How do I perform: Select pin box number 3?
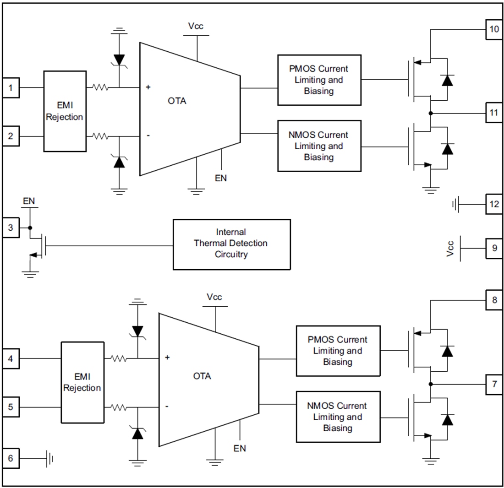pyautogui.click(x=11, y=228)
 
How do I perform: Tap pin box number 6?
pyautogui.click(x=11, y=458)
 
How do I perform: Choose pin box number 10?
pyautogui.click(x=494, y=30)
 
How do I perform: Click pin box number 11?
pyautogui.click(x=494, y=113)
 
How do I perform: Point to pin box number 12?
pyautogui.click(x=494, y=204)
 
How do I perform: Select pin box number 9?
pyautogui.click(x=494, y=248)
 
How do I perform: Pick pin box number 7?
pyautogui.click(x=494, y=384)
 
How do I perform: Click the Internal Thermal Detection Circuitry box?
pyautogui.click(x=231, y=244)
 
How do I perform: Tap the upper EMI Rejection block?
pyautogui.click(x=65, y=111)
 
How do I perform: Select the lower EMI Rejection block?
pyautogui.click(x=82, y=382)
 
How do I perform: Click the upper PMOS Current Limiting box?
pyautogui.click(x=319, y=80)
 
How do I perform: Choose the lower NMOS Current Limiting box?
pyautogui.click(x=338, y=417)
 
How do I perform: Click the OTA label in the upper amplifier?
pyautogui.click(x=177, y=101)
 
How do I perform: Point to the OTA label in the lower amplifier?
pyautogui.click(x=202, y=376)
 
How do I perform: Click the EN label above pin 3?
pyautogui.click(x=29, y=201)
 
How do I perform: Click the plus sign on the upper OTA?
pyautogui.click(x=148, y=87)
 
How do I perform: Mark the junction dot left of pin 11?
pyautogui.click(x=431, y=113)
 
